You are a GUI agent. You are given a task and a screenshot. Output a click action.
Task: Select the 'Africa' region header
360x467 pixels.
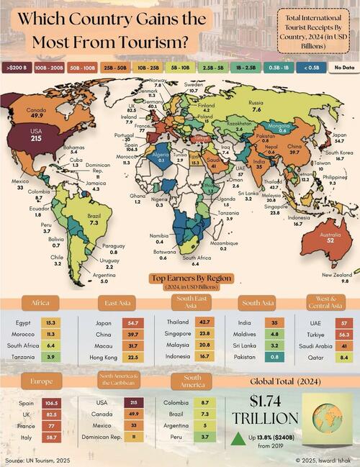35,303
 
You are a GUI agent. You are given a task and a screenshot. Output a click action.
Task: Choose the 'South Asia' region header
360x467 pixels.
257,303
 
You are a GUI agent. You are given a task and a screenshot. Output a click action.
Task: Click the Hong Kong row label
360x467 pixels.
102,358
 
